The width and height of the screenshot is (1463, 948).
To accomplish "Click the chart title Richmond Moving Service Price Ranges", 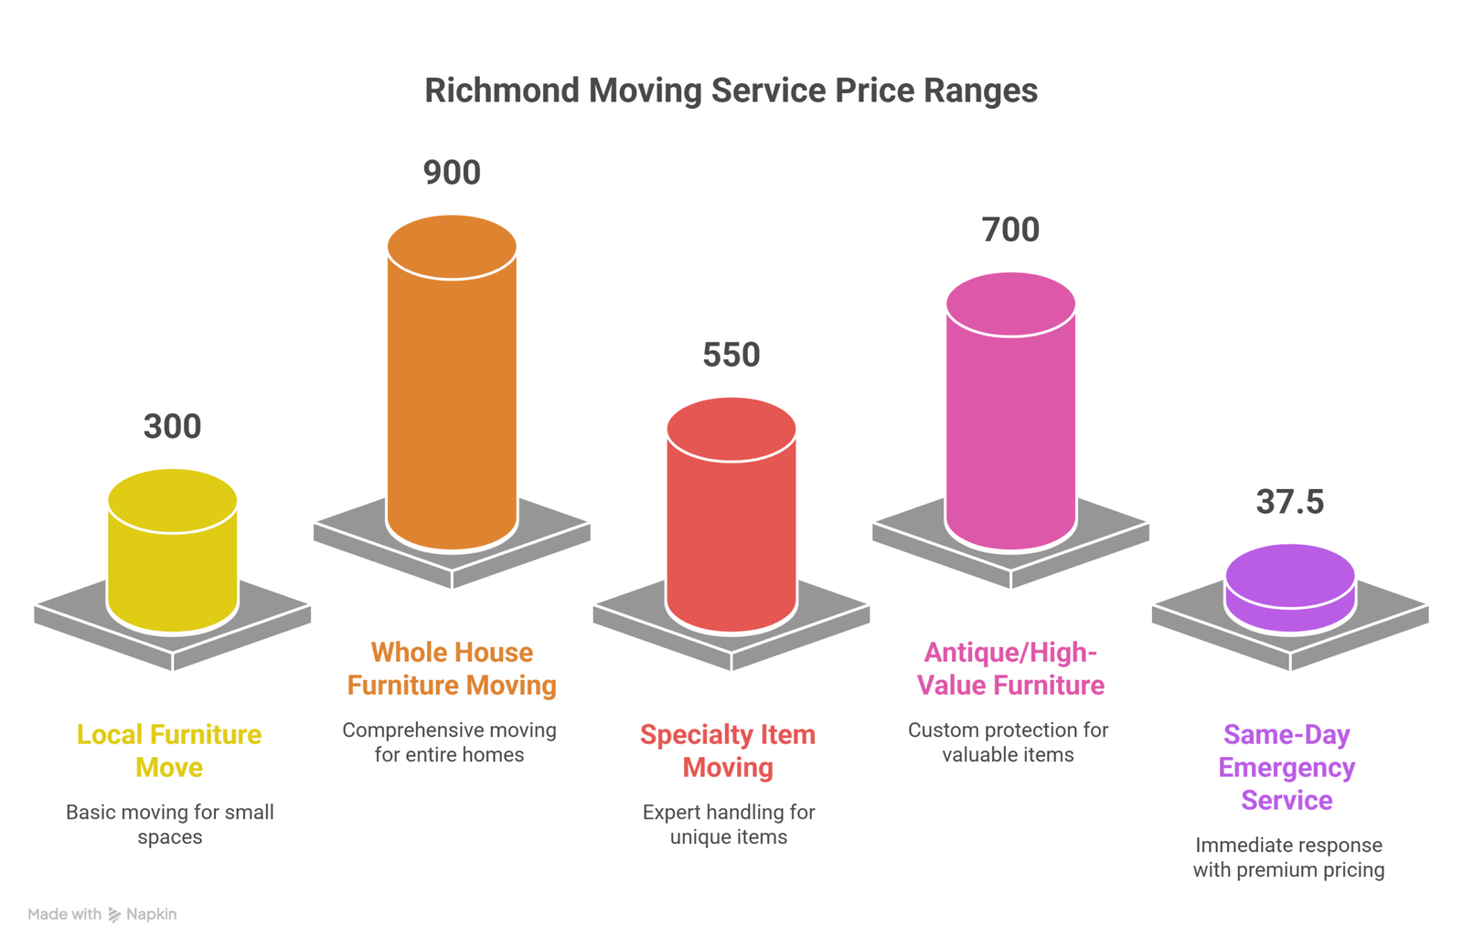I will (731, 91).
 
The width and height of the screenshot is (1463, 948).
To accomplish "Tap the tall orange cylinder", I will (452, 393).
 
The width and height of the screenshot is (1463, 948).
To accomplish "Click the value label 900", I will (452, 173).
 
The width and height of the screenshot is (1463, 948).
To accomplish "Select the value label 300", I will (172, 427).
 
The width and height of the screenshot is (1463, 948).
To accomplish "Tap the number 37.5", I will (1289, 502).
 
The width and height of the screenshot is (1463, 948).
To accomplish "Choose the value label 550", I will (731, 355).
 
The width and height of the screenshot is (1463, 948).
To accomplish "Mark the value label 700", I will (1010, 229).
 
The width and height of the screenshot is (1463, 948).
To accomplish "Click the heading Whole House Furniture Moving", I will (452, 668).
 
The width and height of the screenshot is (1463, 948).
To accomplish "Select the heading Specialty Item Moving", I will (728, 751).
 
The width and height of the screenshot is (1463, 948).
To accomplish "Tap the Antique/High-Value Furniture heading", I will (1010, 668).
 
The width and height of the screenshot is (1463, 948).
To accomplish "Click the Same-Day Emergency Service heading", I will (1287, 767).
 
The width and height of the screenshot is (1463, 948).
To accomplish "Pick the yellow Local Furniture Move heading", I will (169, 751).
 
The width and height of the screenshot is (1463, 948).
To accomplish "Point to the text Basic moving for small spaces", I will (170, 824).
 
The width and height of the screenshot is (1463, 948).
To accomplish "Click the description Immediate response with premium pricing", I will (1288, 857).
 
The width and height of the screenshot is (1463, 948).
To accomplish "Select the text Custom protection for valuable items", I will (1008, 741).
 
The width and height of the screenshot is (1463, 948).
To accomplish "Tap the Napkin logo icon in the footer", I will (114, 914).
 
